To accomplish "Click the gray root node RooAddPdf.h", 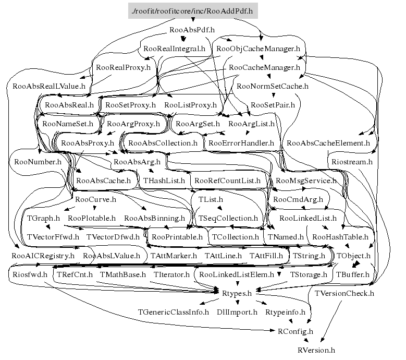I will point(193,10).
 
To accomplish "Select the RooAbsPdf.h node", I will point(193,30).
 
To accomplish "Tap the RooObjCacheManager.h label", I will point(258,49).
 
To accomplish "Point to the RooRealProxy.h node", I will point(123,67).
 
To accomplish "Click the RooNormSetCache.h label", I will point(273,86).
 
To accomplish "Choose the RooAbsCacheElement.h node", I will point(328,142).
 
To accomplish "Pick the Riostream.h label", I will point(352,162).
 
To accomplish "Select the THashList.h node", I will point(164,181).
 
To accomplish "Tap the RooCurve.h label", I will point(95,199).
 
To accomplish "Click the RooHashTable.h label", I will point(338,237).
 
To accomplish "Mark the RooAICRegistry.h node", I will point(43,256).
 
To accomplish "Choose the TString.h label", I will point(309,256).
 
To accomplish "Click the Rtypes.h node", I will point(237,293).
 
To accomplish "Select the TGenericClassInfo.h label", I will point(173,312).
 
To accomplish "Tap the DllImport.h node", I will point(237,312).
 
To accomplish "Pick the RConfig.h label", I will point(296,331).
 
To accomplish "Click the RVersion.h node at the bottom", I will point(317,350).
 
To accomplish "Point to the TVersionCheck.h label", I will point(345,293).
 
